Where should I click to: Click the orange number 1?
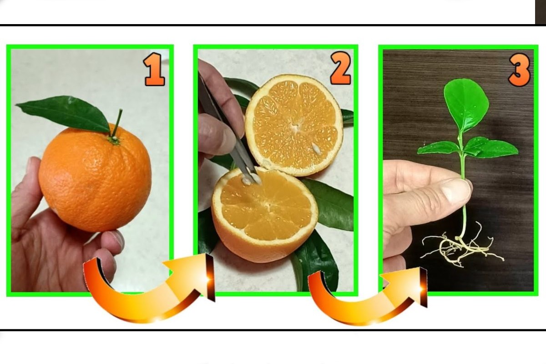coord(154,69)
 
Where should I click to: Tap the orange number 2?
coord(340,68)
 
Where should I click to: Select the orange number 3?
coord(520,70)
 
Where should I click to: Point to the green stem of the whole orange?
coord(117,123)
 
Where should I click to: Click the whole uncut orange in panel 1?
coord(95,178)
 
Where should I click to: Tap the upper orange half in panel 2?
coord(294,125)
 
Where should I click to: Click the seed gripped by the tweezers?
coord(247,181)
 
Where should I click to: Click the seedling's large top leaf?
coord(466,105)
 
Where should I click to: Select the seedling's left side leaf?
coord(438,147)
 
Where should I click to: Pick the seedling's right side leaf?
coord(490,147)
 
